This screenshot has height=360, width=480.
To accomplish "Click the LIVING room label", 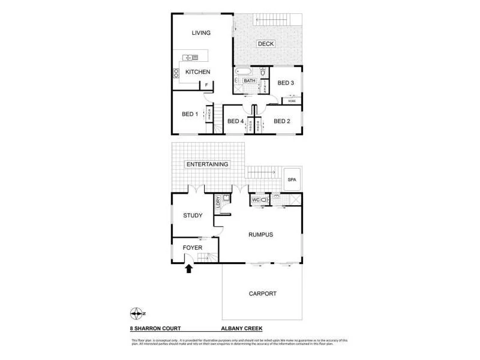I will (201, 33).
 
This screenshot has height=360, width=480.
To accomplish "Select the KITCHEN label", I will (197, 72).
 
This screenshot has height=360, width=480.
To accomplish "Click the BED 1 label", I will (190, 114).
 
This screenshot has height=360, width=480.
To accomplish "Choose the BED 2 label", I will (282, 121).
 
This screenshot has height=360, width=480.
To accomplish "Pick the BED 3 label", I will (286, 83).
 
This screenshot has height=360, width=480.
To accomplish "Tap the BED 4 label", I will (235, 121).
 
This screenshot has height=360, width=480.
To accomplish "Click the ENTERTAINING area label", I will (207, 164).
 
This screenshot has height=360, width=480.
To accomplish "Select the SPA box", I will (293, 179).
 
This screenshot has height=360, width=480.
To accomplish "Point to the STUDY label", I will (193, 215).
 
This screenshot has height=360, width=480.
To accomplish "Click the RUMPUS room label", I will (260, 235).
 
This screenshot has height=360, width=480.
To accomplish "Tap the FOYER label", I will (192, 247).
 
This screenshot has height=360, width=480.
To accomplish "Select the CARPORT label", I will (262, 293).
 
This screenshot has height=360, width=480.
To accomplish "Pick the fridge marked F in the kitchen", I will (206, 85).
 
